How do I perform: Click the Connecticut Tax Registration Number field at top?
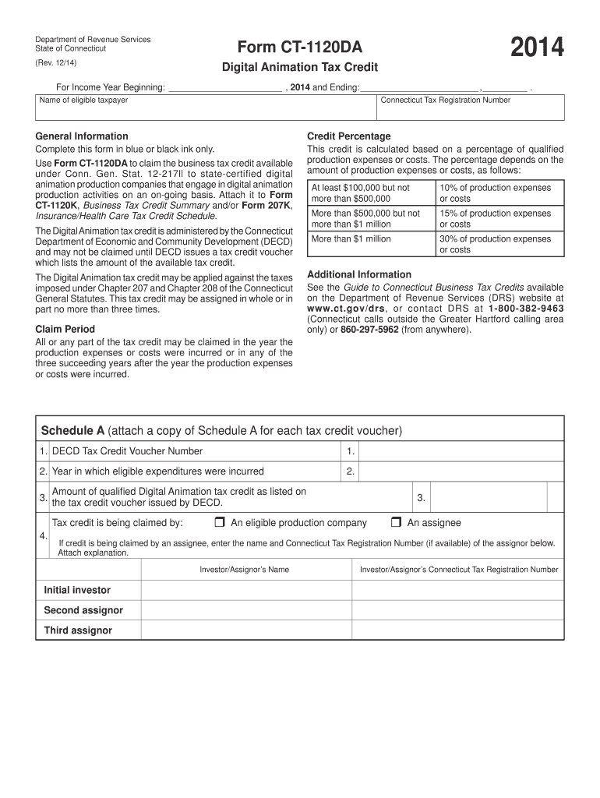(470, 110)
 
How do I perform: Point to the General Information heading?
(82, 136)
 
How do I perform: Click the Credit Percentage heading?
(349, 136)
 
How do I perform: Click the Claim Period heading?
(65, 330)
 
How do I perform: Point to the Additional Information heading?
(359, 274)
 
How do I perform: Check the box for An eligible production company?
(219, 522)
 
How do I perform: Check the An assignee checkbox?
(396, 522)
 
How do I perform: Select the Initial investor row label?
(77, 590)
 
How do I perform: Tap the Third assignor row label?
(78, 630)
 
